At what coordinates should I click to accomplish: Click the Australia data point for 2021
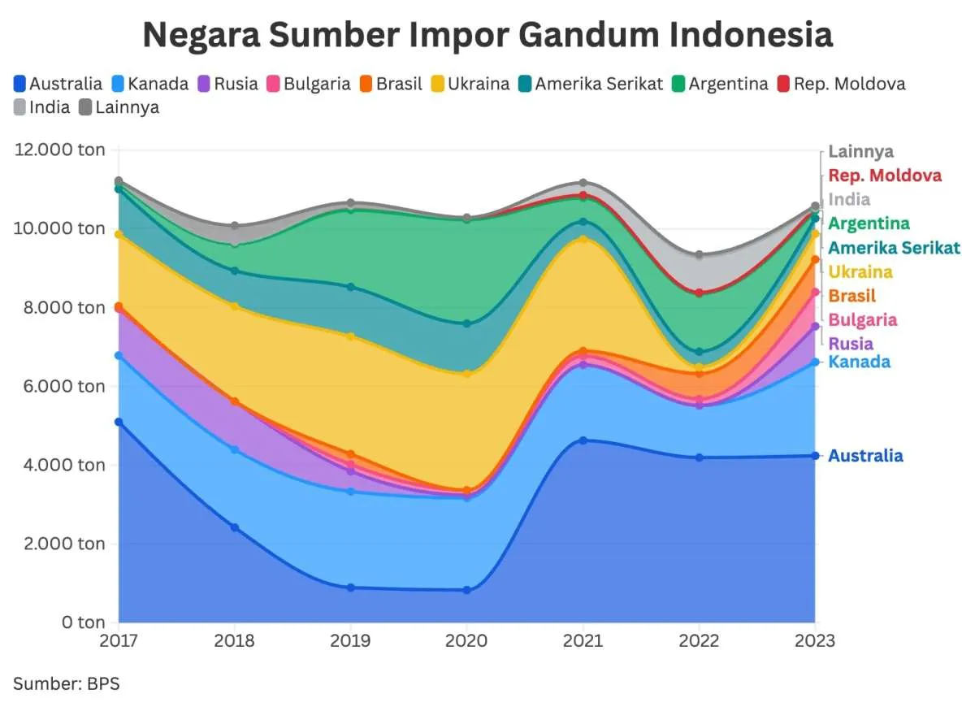583,440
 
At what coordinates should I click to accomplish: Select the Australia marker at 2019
351,588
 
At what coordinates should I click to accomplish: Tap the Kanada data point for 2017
119,355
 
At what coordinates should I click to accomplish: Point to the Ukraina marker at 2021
583,239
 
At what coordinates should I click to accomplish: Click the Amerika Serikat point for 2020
467,323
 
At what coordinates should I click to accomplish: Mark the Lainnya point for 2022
700,255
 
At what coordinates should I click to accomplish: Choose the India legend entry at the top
42,106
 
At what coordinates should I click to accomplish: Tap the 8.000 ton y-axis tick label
59,307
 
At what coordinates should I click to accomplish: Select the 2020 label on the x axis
467,641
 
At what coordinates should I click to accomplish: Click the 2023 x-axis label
815,641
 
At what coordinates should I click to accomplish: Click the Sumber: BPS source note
67,683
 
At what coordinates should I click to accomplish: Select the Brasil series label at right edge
852,296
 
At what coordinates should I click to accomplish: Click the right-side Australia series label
865,456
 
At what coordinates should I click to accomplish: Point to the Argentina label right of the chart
869,223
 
